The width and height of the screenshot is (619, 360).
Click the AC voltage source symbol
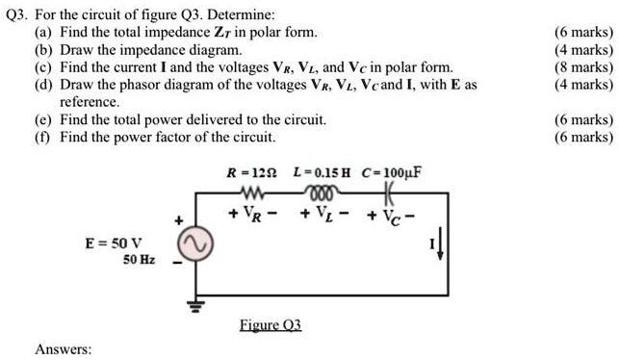click(x=199, y=247)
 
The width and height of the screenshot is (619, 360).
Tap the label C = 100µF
click(x=392, y=173)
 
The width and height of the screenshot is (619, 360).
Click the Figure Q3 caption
click(x=271, y=325)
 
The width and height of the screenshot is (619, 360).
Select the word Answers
click(x=63, y=348)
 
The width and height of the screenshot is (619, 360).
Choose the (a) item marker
click(x=43, y=33)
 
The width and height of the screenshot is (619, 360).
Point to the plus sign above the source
click(x=177, y=220)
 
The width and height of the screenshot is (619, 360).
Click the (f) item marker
click(x=42, y=137)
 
